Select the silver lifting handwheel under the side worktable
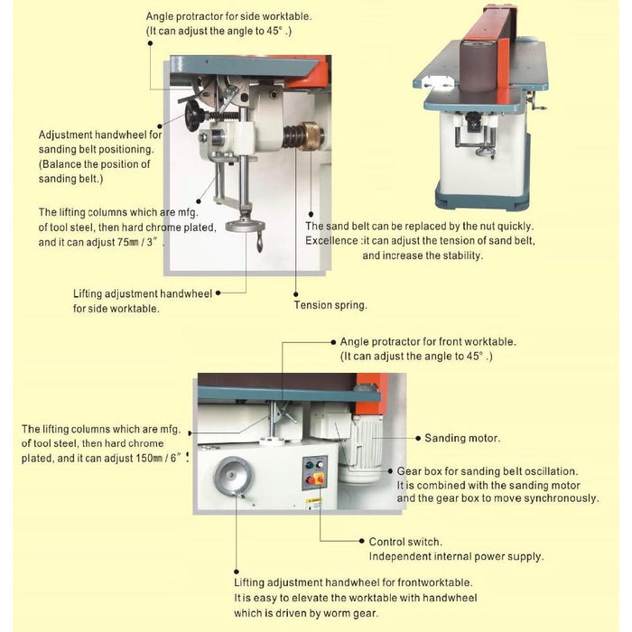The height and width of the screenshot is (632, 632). click(240, 228)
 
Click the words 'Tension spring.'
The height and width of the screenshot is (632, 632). click(330, 305)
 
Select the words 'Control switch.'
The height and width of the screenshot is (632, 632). click(405, 542)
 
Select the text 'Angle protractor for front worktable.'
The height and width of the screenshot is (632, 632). click(428, 342)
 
